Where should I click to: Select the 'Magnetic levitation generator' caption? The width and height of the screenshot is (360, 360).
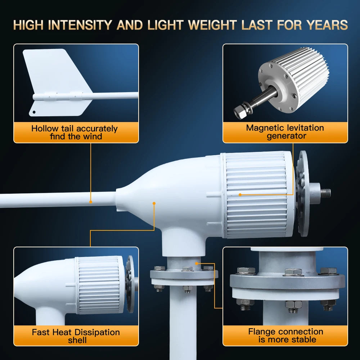[x=285, y=132]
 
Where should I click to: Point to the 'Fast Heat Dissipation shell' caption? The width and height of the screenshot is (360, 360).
[x=76, y=336]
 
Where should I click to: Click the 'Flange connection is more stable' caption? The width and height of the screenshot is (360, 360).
[x=285, y=336]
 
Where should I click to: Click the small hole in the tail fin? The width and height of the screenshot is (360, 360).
[x=34, y=112]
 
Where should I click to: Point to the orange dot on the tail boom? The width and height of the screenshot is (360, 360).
[x=91, y=202]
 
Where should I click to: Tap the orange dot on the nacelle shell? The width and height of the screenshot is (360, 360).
[x=154, y=203]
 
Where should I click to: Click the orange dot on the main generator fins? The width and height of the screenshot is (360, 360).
[x=240, y=195]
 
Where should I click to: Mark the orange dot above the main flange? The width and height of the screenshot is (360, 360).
[x=196, y=264]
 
